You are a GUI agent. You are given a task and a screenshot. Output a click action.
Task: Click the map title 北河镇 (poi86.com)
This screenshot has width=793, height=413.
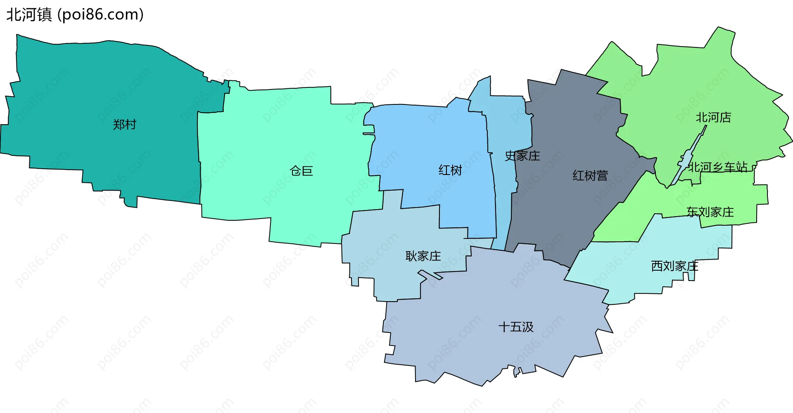click(x=75, y=15)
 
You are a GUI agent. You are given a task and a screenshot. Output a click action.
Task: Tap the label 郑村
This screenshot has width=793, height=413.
click(x=124, y=125)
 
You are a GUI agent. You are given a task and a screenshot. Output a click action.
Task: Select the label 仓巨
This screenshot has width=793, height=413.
click(x=302, y=171)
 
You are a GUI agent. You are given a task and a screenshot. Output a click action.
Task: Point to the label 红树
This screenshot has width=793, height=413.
click(x=450, y=170)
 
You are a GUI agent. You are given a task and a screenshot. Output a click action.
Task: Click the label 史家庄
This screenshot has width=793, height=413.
click(x=522, y=156)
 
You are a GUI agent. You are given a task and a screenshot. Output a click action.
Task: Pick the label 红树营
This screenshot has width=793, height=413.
click(x=590, y=176)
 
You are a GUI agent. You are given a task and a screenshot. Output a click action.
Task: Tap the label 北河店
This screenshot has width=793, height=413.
click(x=713, y=118)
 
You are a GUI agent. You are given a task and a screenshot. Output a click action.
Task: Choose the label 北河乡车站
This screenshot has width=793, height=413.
click(x=718, y=167)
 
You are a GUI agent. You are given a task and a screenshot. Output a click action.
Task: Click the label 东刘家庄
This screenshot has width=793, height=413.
click(x=710, y=212)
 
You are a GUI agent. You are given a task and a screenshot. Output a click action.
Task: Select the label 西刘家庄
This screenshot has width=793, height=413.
click(x=674, y=266)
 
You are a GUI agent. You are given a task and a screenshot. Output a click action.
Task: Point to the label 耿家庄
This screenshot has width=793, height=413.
click(x=423, y=256)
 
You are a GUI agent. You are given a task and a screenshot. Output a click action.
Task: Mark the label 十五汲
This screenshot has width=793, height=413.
click(x=516, y=327)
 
